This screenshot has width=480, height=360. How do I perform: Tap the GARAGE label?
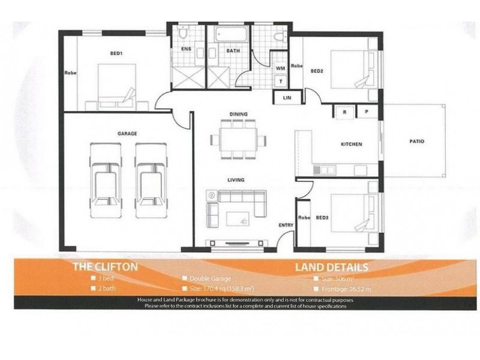pos(127,133)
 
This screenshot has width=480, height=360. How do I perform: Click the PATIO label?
pos(416,142)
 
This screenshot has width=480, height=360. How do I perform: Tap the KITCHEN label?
pos(351,145)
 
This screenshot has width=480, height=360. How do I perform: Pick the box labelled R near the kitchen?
pos(344,112)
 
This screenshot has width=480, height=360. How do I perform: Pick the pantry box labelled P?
pos(365,112)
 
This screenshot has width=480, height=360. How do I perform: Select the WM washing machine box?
pos(280,68)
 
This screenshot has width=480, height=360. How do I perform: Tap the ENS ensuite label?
pos(185,50)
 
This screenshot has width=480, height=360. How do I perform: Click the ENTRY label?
pos(285,225)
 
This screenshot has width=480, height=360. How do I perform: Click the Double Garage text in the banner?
pos(210,278)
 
